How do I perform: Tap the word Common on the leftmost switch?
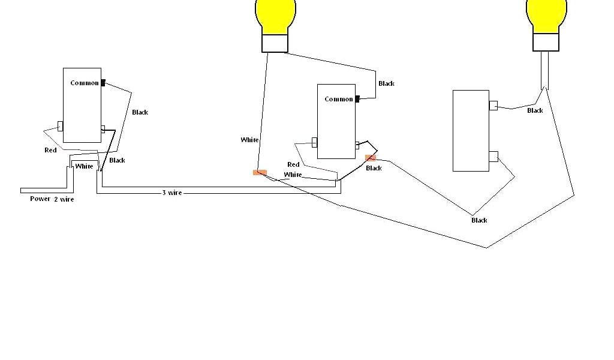pos(85,83)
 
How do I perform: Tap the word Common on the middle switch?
pos(339,99)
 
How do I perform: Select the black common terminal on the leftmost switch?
pos(103,83)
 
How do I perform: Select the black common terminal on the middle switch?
pos(357,99)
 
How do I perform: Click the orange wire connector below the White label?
pos(260,173)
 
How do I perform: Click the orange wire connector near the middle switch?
pos(371,158)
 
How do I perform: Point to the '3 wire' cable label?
pos(171,193)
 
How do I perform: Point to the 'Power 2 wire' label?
pos(52,199)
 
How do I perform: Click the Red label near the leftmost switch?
pos(50,150)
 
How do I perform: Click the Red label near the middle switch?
pos(293,164)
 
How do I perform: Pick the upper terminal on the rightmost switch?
pos(493,106)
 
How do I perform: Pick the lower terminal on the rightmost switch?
pos(493,157)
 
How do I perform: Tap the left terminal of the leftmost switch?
pos(60,126)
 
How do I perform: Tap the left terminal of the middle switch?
pos(314,142)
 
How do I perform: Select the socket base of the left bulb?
pos(275,43)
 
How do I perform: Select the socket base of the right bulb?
pos(546,42)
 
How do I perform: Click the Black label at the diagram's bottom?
pos(479,220)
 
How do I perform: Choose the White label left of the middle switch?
pos(249,140)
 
